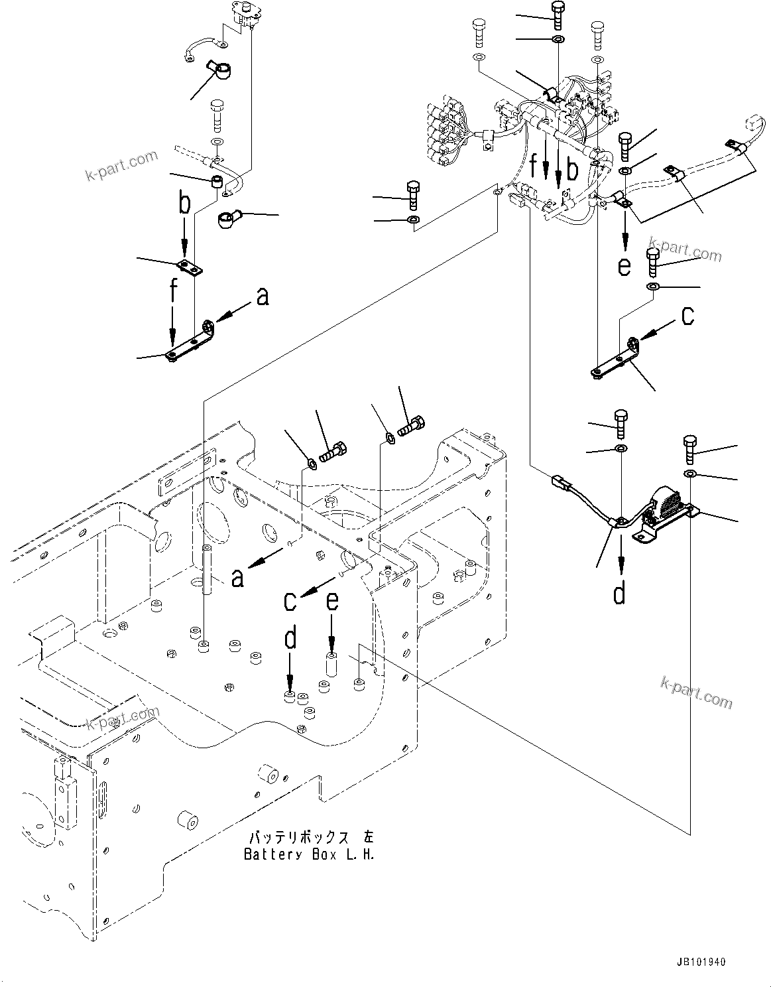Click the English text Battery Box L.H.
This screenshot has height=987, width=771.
point(309,854)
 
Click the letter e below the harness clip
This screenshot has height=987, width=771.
point(624,266)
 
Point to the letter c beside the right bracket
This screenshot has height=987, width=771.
point(688,317)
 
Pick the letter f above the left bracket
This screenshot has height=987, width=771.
point(174,291)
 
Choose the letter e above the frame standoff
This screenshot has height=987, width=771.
point(332,601)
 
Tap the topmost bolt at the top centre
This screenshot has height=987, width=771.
point(556,12)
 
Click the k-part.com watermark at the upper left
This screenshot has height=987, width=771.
point(122,165)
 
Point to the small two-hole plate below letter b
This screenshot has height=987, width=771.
point(190,268)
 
